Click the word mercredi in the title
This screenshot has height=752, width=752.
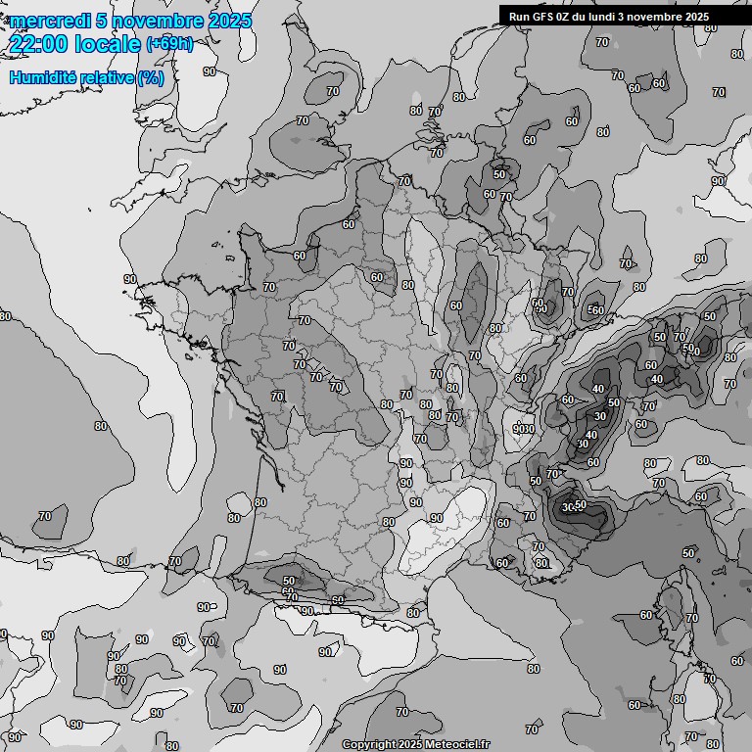pos(50,21)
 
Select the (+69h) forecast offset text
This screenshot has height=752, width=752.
pos(168,43)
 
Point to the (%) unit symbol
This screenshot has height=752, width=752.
pos(150,77)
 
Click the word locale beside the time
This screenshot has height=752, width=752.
pos(108,43)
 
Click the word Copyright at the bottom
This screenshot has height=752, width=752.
pos(368,745)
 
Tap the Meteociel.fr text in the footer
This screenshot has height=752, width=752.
pos(456,745)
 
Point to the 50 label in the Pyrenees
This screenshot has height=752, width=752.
pos(289,581)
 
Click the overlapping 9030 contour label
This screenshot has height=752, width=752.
pos(524,429)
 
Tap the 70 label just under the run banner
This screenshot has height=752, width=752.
pos(601,43)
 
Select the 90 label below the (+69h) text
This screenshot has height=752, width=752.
pos(210,71)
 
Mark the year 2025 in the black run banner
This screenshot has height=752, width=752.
pos(691,16)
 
